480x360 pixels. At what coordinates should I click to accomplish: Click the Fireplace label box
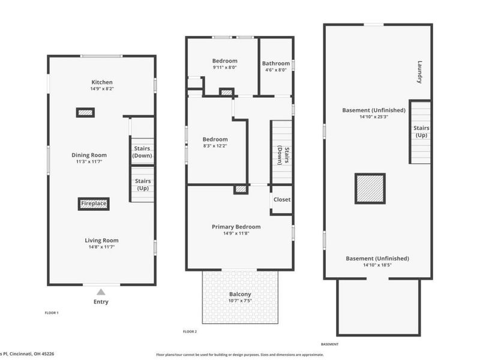(x=94, y=204)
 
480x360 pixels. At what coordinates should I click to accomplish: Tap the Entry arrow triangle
(x=101, y=292)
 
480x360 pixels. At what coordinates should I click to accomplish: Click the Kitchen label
(x=102, y=82)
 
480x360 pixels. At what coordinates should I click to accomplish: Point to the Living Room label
(x=101, y=240)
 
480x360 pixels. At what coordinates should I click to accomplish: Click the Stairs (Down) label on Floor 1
(x=143, y=152)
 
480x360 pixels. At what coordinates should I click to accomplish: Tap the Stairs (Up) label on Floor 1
(x=143, y=184)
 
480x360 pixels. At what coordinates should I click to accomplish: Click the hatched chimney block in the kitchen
(x=85, y=112)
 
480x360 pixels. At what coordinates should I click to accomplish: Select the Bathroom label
(x=276, y=63)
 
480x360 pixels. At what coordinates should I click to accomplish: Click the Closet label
(x=282, y=199)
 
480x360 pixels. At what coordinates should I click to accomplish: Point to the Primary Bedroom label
(x=236, y=227)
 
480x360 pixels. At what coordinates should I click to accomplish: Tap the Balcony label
(x=240, y=294)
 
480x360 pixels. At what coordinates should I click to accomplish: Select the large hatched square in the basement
(x=370, y=188)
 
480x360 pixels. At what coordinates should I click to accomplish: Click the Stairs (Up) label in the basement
(x=421, y=131)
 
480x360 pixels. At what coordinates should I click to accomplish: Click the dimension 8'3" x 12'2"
(x=215, y=146)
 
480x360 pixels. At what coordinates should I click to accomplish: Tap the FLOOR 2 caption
(x=190, y=331)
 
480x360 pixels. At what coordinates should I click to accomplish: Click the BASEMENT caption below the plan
(x=329, y=344)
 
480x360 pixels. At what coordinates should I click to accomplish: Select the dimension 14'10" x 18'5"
(x=377, y=265)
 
